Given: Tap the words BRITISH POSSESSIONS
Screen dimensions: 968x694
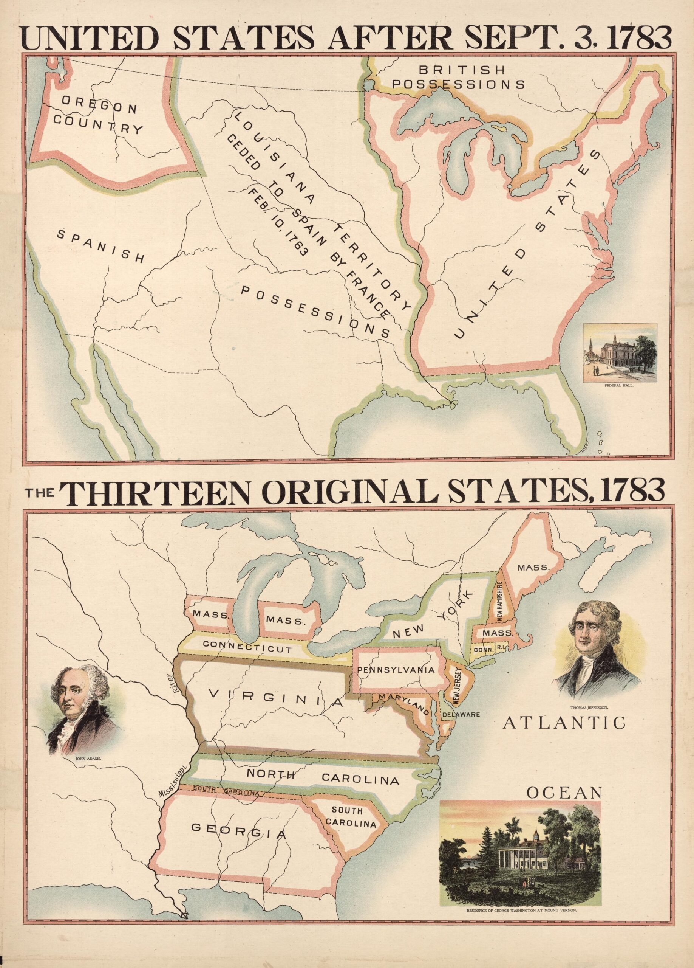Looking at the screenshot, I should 459,77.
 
